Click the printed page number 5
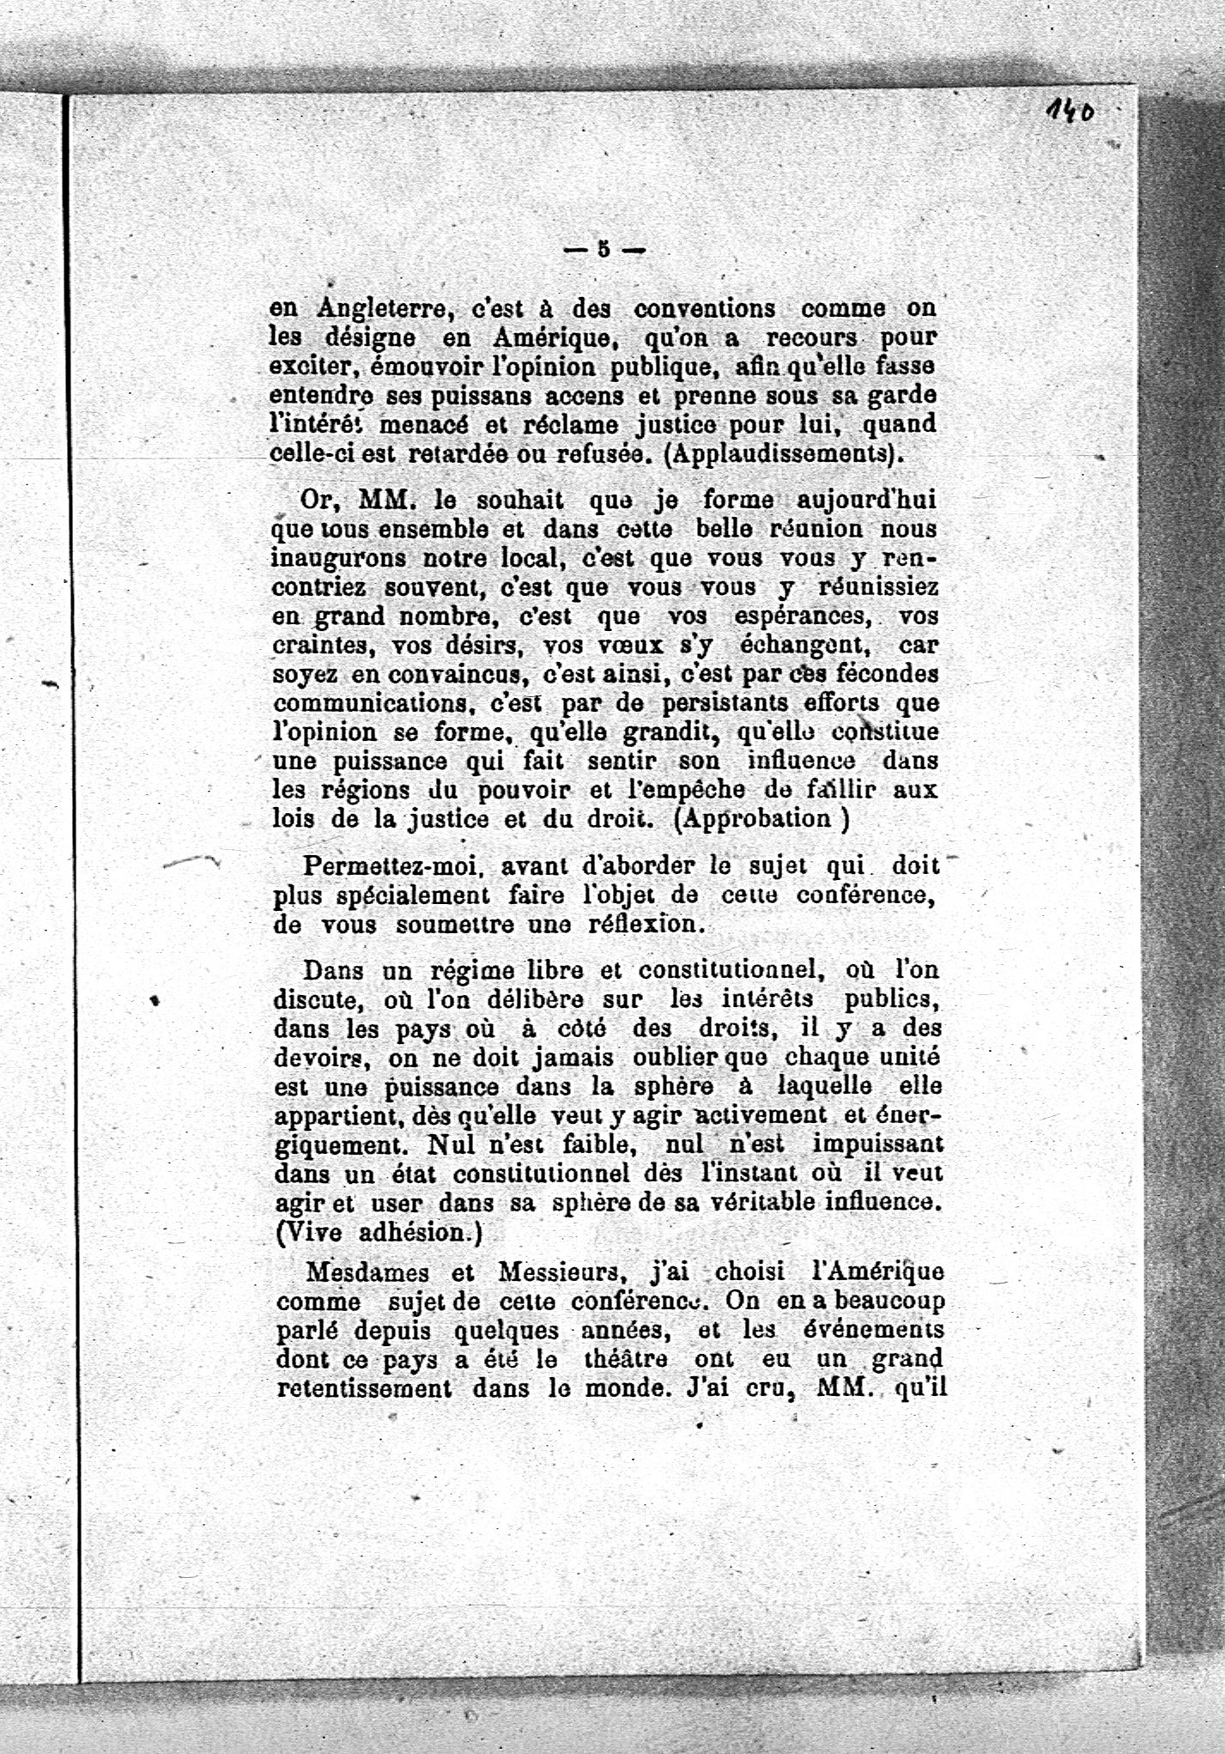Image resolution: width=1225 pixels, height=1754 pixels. (603, 250)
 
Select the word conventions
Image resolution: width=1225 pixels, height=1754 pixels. (704, 308)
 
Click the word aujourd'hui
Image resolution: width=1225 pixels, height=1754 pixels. (868, 500)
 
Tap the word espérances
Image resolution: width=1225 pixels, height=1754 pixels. (798, 616)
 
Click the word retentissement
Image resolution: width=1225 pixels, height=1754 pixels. (364, 1389)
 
